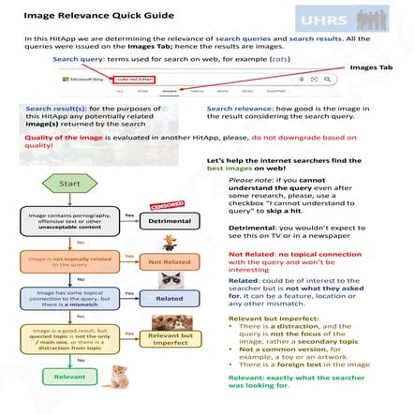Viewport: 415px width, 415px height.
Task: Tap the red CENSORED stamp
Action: (168, 202)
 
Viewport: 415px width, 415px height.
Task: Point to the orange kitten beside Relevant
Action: (117, 378)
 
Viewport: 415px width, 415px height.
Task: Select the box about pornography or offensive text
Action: (61, 221)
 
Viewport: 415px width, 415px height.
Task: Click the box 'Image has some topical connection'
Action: (61, 299)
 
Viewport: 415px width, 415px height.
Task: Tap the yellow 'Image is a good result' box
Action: (61, 340)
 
